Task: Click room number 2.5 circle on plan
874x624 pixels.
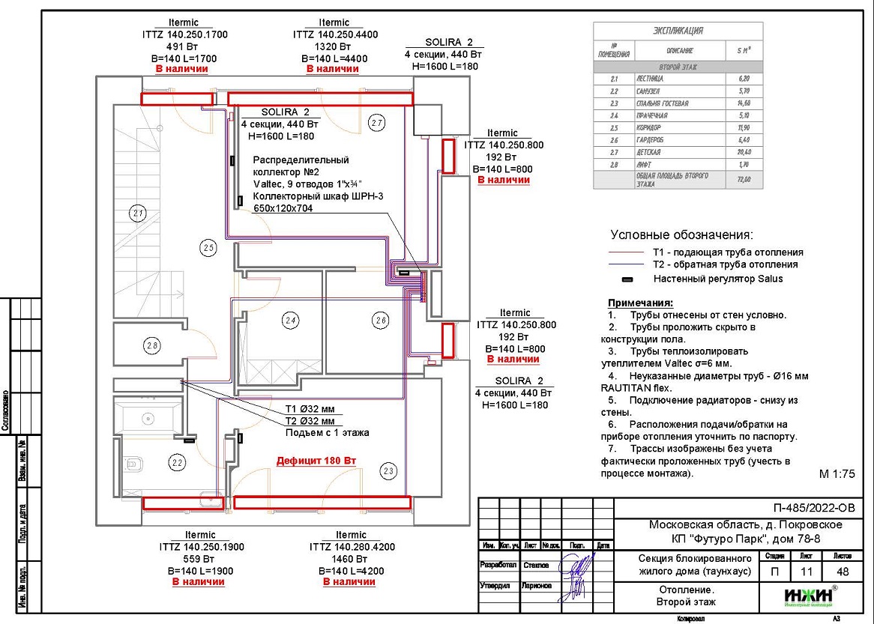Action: (208, 246)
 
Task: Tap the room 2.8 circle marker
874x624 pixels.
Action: (152, 345)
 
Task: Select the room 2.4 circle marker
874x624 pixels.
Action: (291, 321)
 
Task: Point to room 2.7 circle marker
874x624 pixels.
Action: (376, 122)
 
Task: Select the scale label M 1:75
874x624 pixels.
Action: (837, 474)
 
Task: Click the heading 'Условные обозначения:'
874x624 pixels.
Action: (681, 234)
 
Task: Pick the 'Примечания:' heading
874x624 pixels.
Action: (640, 303)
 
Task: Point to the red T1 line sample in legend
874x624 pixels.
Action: (627, 252)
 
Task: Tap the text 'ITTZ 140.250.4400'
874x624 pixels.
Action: (335, 34)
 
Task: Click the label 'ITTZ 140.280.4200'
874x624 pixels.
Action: (352, 547)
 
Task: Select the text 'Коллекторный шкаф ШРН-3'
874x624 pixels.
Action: (309, 197)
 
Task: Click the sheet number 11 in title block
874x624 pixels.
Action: (806, 572)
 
